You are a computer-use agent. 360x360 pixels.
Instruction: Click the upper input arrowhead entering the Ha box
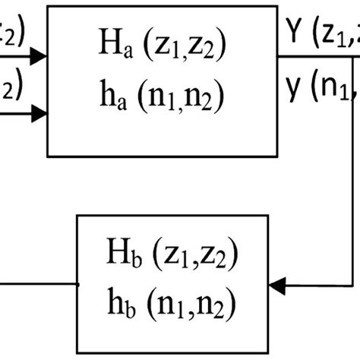point(42,55)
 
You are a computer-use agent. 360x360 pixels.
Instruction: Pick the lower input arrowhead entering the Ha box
point(42,115)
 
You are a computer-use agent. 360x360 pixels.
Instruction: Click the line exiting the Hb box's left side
point(38,286)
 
